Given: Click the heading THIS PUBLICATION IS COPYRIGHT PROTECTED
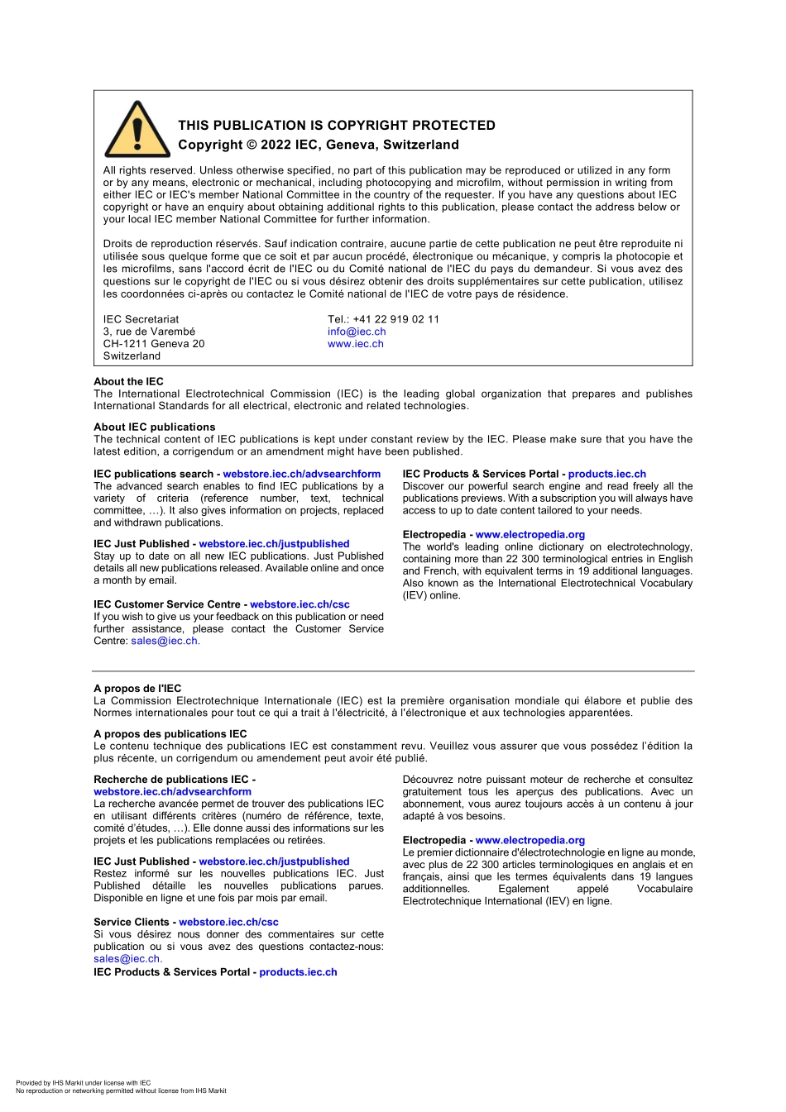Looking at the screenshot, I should point(337,126).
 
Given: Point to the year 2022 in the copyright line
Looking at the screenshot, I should point(275,145).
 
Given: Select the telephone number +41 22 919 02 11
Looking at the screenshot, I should point(395,319).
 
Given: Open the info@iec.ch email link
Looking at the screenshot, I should point(357,332).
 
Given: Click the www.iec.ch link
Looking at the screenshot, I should point(356,344).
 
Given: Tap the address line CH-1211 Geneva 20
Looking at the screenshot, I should point(154,344).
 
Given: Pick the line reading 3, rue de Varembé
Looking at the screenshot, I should point(149,332).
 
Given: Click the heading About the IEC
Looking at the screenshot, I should point(128,381).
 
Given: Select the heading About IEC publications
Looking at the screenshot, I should point(154,427).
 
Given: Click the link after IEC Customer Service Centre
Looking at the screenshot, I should point(300,604).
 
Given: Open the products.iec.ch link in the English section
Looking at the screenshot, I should point(606,474).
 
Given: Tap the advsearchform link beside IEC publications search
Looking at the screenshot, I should point(301,474).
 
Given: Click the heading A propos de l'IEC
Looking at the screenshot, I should point(137,688).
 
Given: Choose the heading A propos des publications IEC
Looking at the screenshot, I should point(170,733).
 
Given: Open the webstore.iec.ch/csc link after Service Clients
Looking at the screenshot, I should point(228,922).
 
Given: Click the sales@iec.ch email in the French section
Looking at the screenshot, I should point(127,959).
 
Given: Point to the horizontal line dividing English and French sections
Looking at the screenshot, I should point(393,671).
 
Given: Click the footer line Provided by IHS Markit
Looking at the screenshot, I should point(83,1082).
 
